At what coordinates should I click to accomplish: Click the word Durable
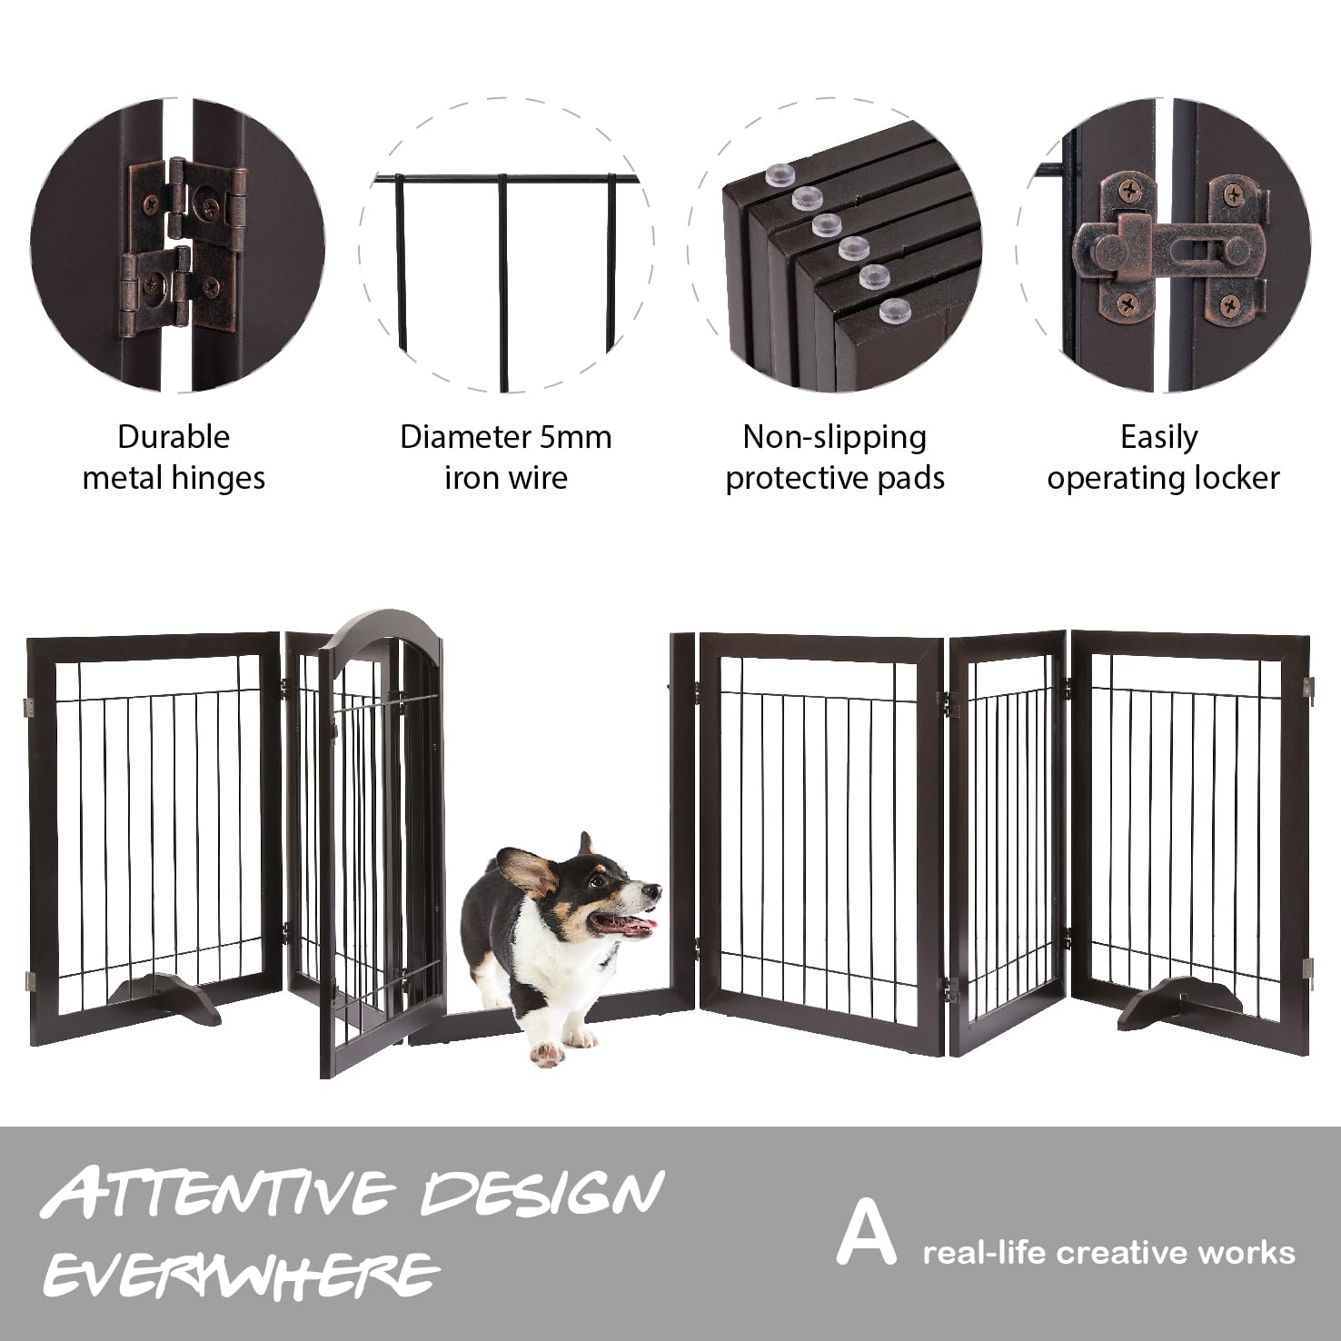click(173, 437)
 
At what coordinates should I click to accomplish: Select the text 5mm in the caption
click(574, 437)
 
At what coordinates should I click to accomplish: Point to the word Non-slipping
click(834, 437)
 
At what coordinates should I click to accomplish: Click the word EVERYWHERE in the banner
click(241, 1274)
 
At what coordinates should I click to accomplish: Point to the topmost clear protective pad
click(779, 174)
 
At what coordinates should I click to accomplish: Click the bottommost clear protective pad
click(893, 311)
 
